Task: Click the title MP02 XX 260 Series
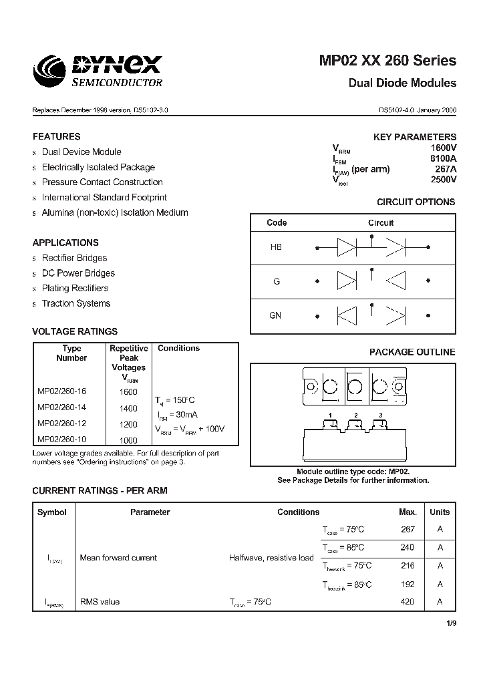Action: click(387, 61)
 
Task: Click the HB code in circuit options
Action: click(276, 247)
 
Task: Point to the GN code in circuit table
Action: click(275, 315)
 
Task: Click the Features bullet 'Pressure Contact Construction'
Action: click(102, 182)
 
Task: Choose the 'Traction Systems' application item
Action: click(76, 304)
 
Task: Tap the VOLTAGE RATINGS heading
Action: click(75, 331)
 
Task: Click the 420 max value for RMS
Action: click(407, 602)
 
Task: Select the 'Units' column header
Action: click(439, 512)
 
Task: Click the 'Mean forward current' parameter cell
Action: click(118, 558)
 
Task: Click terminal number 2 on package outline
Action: click(356, 415)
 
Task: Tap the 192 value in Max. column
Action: click(407, 584)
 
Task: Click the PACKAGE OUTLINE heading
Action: click(412, 352)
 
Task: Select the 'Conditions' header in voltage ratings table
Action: click(178, 348)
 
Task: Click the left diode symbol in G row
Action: click(346, 281)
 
